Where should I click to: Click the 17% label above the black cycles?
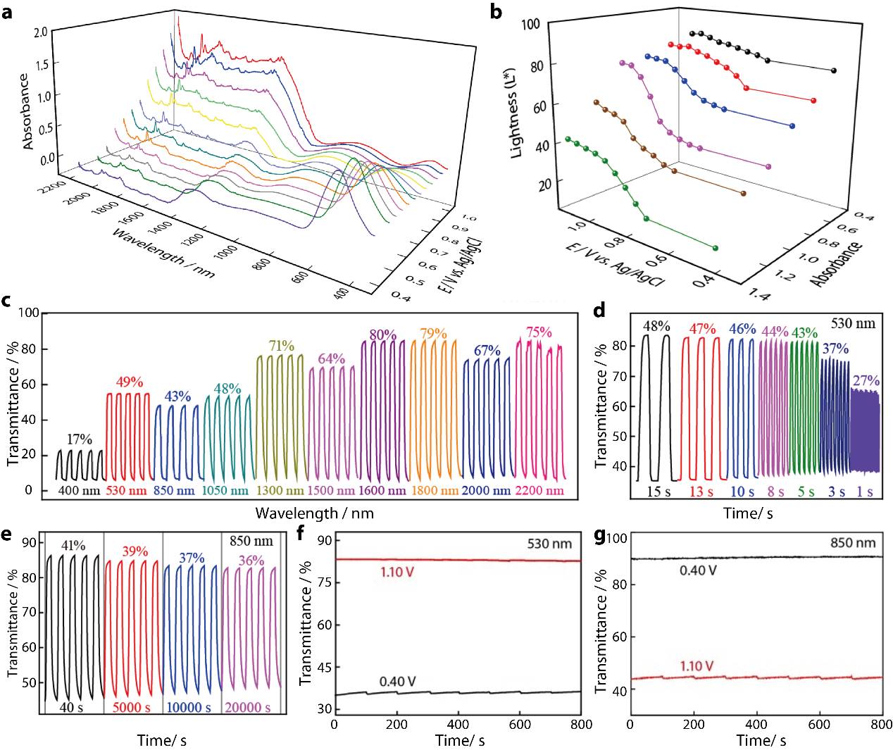(x=80, y=439)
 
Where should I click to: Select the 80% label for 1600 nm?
(x=383, y=335)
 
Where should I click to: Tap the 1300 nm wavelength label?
(x=280, y=491)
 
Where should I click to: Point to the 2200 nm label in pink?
(x=539, y=491)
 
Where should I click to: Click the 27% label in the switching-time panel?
(x=866, y=381)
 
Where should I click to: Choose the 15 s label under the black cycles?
(x=659, y=492)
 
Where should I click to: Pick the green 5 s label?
(x=806, y=492)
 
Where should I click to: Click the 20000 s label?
(x=248, y=707)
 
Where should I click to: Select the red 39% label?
(x=135, y=551)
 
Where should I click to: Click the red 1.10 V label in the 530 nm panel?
(x=397, y=572)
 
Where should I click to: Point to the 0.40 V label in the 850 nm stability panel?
(x=698, y=570)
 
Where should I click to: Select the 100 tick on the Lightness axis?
(x=530, y=25)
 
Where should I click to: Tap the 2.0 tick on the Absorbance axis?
(x=40, y=32)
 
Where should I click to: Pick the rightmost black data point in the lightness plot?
(x=834, y=70)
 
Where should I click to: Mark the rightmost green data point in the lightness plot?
(x=716, y=248)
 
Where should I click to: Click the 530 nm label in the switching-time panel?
(x=853, y=324)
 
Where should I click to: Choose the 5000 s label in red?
(x=132, y=707)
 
